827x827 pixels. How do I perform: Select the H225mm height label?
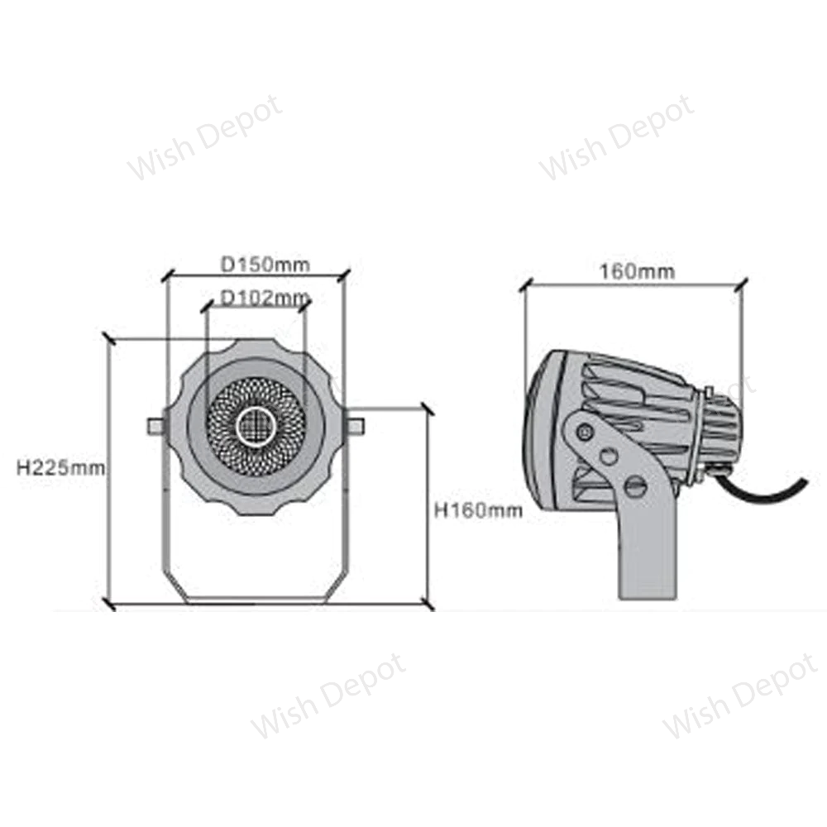[x=61, y=467]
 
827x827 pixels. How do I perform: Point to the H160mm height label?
[x=479, y=510]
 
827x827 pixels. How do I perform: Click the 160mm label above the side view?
[x=638, y=270]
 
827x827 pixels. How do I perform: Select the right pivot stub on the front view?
[x=355, y=425]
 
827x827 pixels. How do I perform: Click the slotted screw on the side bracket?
[x=635, y=486]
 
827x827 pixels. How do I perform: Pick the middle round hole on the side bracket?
[x=609, y=457]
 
